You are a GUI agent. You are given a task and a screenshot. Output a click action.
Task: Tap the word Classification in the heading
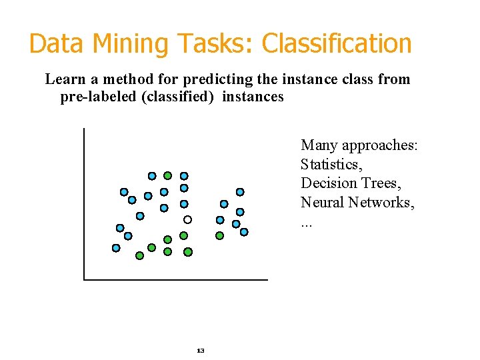point(337,44)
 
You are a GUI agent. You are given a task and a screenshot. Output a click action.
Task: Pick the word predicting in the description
point(222,80)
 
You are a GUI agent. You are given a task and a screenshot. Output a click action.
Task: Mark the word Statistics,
point(331,164)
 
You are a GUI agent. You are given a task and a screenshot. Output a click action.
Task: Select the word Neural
point(323,203)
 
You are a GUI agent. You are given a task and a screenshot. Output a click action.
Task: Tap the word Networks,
point(382,203)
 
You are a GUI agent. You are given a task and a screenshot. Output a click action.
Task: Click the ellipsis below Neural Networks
point(306,225)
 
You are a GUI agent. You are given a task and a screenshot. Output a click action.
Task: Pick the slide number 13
point(201,351)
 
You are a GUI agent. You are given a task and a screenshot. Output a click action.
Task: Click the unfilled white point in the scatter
point(188,219)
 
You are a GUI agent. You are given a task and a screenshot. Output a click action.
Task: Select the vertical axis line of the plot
point(85,200)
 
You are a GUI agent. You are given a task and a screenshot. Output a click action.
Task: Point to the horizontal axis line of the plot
point(176,279)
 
